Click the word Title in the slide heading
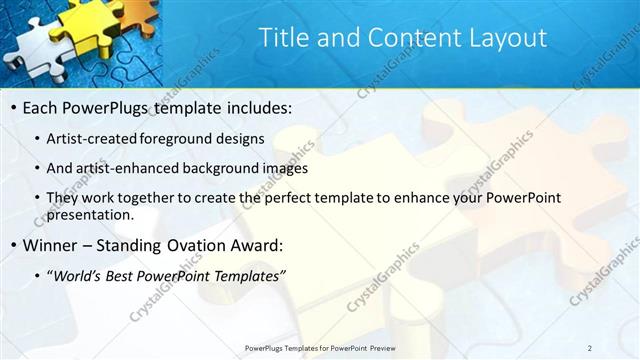(283, 38)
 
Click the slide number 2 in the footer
(590, 347)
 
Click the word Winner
(53, 245)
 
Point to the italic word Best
(129, 275)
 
